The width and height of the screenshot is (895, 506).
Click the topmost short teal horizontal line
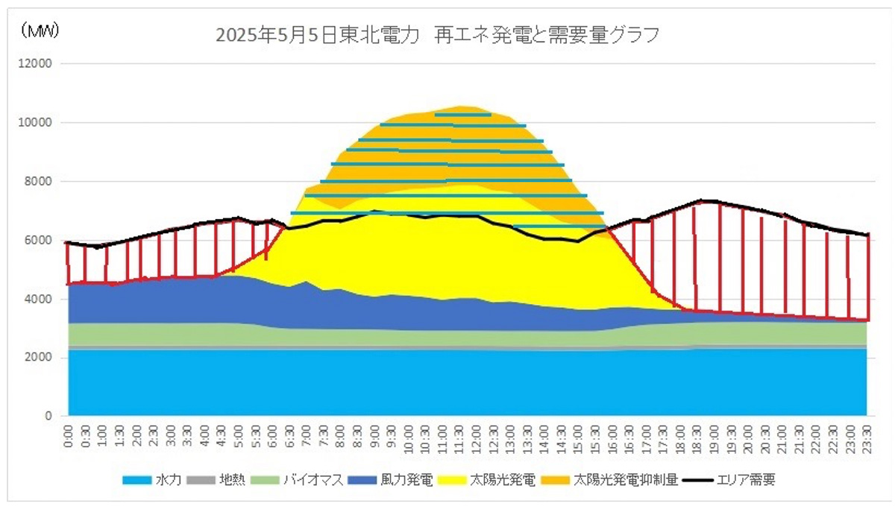pyautogui.click(x=462, y=115)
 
